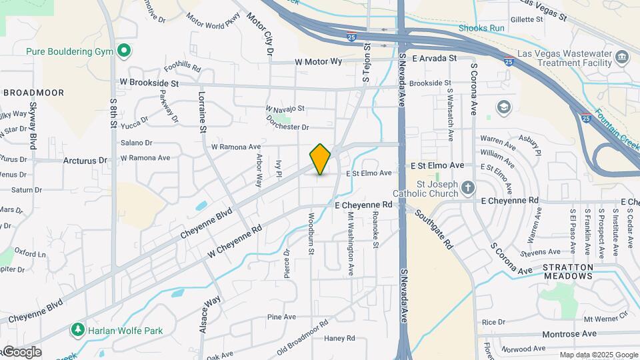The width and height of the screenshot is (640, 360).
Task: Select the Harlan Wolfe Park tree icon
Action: point(78,330)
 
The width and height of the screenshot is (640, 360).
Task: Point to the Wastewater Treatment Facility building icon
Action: point(622,57)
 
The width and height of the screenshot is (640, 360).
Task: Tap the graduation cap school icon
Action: point(503,107)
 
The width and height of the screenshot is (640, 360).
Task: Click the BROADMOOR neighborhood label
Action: point(33,93)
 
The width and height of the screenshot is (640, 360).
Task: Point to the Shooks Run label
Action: point(481,28)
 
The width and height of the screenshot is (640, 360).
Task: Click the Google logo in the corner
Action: point(21,352)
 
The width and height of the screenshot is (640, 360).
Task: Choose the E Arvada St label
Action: point(434,58)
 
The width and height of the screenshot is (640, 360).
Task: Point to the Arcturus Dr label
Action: point(85,161)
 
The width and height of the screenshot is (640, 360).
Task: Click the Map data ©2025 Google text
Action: point(598,355)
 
